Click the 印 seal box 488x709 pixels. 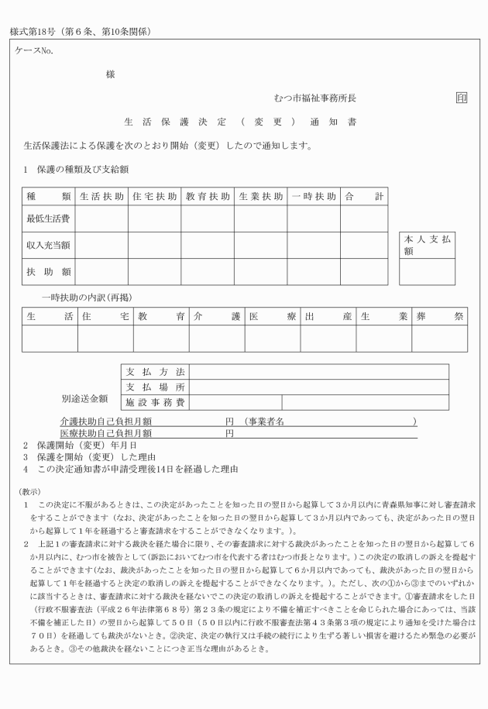point(462,98)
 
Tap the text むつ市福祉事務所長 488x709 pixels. point(315,99)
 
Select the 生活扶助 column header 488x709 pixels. point(101,197)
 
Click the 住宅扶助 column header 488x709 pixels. point(154,197)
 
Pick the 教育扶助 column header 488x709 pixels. point(208,197)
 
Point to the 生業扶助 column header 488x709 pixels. point(261,197)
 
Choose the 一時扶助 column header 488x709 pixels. point(314,197)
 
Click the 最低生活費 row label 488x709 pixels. point(48,219)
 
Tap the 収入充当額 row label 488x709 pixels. point(48,246)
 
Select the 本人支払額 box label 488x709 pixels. point(426,246)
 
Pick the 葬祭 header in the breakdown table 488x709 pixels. point(439,316)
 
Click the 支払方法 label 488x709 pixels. point(155,372)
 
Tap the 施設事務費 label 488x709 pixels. point(155,402)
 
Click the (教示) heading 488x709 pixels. point(30,491)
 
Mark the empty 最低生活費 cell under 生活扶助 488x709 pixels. point(101,219)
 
